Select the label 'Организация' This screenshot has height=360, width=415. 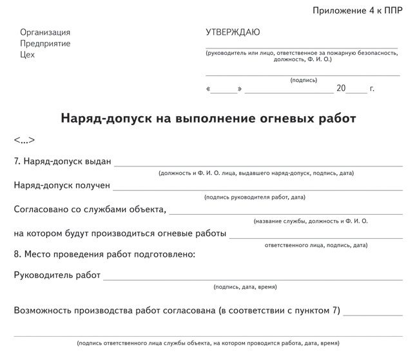pos(45,32)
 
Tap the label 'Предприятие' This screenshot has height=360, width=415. pos(46,43)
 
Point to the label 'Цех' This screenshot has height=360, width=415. pos(28,54)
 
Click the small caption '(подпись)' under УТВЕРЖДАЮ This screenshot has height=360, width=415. pos(304,80)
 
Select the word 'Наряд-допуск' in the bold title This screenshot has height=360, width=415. pos(102,119)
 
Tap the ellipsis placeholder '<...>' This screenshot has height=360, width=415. pos(24,140)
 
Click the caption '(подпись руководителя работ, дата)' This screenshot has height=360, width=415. pos(255,197)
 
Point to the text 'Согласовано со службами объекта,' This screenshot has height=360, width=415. pos(90,209)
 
